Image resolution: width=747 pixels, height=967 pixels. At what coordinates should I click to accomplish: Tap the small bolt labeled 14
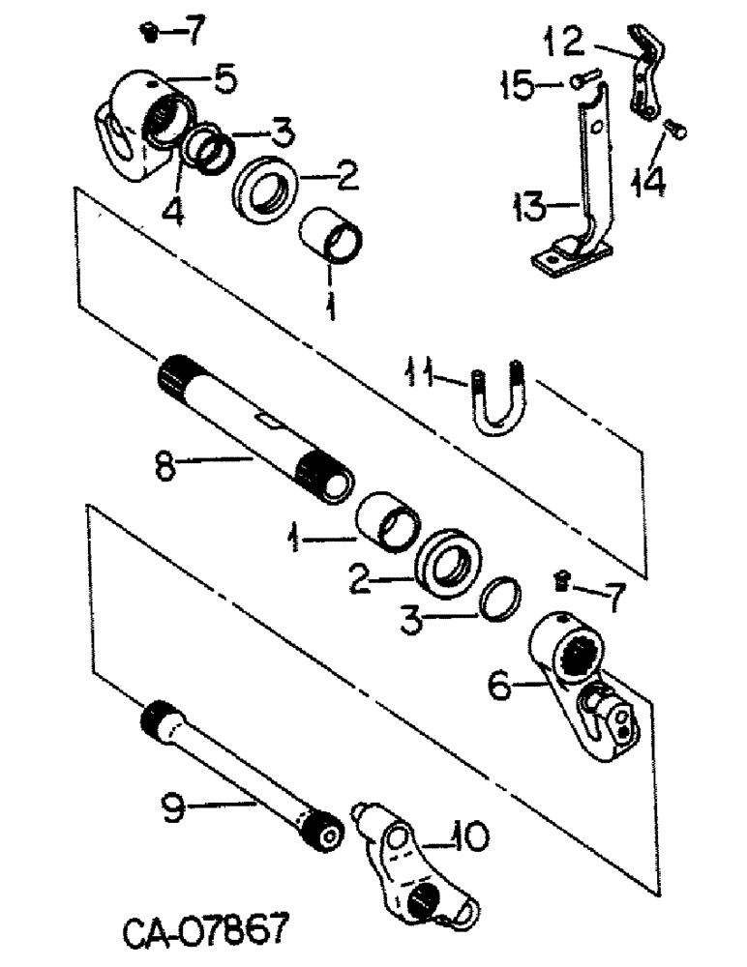click(x=674, y=128)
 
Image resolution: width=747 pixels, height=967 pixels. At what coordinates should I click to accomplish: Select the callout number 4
click(x=172, y=208)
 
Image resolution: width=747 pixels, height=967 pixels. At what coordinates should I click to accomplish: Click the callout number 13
click(x=530, y=205)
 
